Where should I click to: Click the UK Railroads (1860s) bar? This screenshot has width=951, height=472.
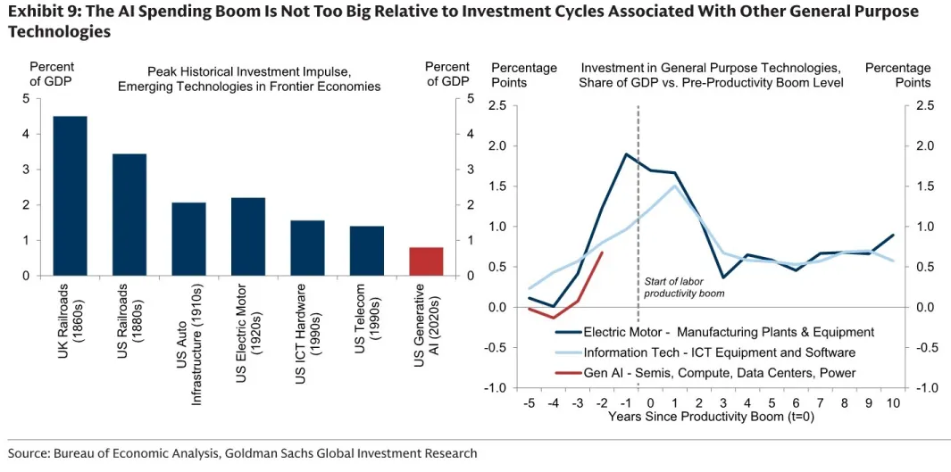(71, 196)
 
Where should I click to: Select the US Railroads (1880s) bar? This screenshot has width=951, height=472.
(129, 215)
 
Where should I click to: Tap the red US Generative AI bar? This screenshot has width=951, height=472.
(426, 261)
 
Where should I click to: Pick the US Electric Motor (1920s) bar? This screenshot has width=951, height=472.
(248, 236)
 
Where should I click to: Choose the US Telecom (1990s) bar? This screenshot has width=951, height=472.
(366, 251)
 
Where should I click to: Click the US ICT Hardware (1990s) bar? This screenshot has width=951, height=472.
(307, 248)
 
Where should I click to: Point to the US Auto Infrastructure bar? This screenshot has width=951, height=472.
(189, 239)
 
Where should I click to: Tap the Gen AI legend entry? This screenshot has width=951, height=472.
(705, 373)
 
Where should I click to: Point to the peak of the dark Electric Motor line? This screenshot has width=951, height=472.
(626, 153)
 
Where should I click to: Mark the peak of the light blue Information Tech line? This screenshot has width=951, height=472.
(675, 186)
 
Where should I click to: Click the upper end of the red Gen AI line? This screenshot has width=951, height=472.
(603, 253)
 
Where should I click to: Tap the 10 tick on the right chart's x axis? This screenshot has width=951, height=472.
(892, 404)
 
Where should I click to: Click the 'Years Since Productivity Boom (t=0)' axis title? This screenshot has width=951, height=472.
(712, 417)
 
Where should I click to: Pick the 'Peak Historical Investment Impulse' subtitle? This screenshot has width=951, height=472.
(249, 71)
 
